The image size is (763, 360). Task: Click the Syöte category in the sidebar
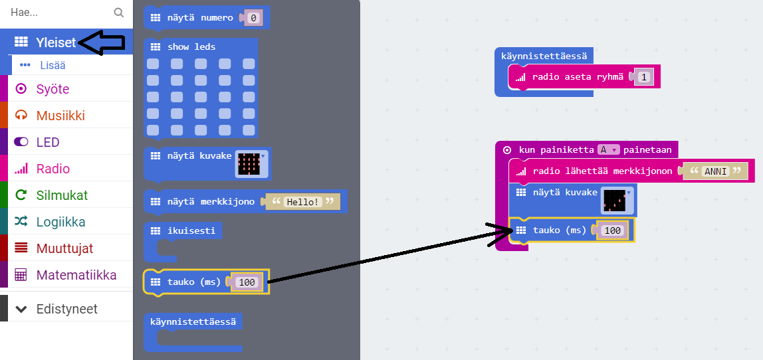coord(52,89)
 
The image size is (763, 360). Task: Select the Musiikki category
coord(60,116)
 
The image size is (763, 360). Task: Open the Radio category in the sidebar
coord(53,169)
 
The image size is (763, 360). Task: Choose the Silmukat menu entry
coord(61,195)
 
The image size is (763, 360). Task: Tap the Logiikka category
coord(60,222)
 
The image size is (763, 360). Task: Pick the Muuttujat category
coord(64,248)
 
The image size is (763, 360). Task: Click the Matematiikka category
coord(76,275)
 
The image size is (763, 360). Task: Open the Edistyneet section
coord(66,309)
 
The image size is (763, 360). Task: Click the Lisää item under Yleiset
coord(52,65)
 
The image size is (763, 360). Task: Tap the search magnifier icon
coord(118,12)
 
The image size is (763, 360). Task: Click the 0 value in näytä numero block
coord(253,18)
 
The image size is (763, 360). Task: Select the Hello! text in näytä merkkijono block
coord(302,201)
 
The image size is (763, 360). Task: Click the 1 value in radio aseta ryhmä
coord(643,77)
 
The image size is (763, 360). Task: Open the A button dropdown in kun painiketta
coord(608,150)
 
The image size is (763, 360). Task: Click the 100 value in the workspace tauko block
coord(611,230)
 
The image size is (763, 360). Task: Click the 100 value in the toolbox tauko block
coord(247,282)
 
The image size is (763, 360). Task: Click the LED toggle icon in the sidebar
coord(21,142)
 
